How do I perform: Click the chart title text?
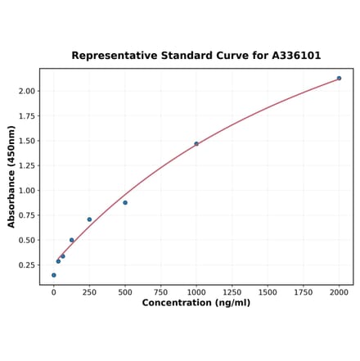point(196,56)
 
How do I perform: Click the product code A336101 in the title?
point(292,56)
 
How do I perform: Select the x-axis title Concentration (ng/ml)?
point(196,303)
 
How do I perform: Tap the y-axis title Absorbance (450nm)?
point(11,176)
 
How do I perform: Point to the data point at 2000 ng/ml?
point(339,79)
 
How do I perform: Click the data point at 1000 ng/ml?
point(196,144)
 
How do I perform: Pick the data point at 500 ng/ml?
point(125,202)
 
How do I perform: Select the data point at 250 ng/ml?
point(89,219)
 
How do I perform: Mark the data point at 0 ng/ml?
point(54,275)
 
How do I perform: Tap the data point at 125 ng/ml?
point(72,240)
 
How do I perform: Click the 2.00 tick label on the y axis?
point(26,91)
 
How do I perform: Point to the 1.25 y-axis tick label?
point(26,165)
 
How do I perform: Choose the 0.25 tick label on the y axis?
point(26,265)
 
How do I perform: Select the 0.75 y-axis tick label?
point(26,215)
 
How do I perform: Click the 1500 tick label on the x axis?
point(268,291)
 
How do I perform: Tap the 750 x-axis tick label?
point(160,291)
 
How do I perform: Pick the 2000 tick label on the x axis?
point(339,291)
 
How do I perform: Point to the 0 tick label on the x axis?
point(54,291)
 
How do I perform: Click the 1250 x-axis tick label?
point(232,291)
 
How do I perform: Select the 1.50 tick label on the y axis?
point(26,141)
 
